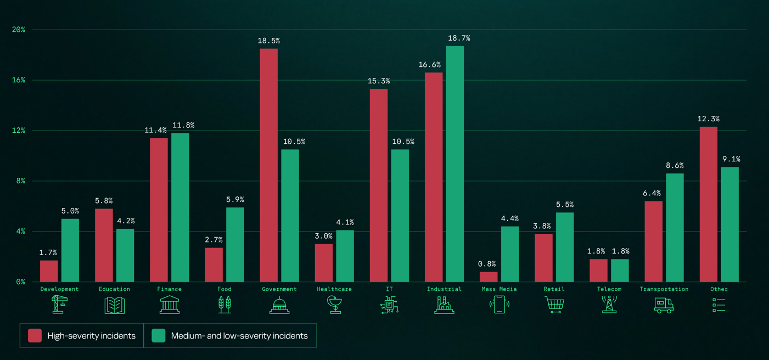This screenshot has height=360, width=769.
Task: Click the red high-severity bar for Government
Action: click(268, 165)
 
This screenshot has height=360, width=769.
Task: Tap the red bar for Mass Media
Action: click(489, 277)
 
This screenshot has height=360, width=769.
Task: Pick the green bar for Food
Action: click(235, 244)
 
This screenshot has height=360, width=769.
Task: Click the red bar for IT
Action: click(379, 185)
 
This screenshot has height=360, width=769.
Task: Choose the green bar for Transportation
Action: click(675, 227)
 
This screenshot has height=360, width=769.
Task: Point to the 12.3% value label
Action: click(708, 119)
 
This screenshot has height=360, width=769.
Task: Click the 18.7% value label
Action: click(459, 38)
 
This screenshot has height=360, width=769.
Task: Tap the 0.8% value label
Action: click(486, 264)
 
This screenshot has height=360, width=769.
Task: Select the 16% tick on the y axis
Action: click(19, 80)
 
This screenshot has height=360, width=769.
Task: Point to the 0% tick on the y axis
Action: click(20, 282)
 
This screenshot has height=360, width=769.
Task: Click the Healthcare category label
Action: click(334, 289)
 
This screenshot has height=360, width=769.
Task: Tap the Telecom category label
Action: click(609, 289)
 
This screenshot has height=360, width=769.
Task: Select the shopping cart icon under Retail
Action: click(554, 305)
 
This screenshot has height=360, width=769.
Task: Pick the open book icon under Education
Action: click(115, 305)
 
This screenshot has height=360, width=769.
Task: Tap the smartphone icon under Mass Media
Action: click(499, 305)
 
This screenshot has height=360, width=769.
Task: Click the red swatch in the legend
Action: click(35, 336)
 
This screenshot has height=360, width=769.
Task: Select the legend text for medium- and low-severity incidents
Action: click(239, 336)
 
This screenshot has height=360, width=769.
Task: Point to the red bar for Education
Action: click(104, 245)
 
